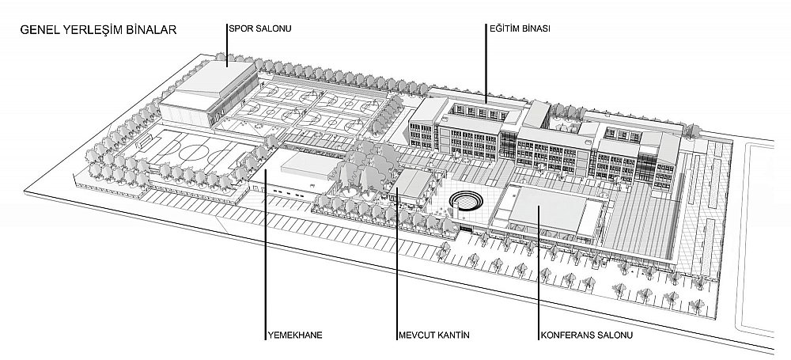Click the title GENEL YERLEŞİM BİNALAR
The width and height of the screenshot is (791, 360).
point(98,30)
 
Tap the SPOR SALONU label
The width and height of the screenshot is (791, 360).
point(260,28)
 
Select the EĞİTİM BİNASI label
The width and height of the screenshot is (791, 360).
point(520,28)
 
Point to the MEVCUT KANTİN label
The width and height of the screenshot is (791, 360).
point(433,335)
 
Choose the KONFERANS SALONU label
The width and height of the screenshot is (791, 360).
point(587,335)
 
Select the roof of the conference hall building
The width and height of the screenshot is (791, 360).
point(547,207)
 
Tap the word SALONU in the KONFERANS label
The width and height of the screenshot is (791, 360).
point(615,335)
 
